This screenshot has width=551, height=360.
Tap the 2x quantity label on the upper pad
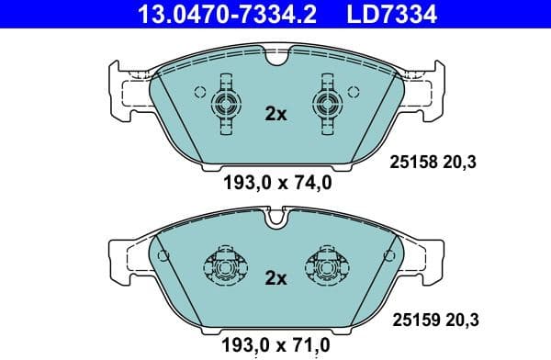pyautogui.click(x=275, y=115)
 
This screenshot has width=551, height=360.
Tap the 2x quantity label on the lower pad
pyautogui.click(x=275, y=277)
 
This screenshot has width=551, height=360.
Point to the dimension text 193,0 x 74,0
pyautogui.click(x=276, y=182)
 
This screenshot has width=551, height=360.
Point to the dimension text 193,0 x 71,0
pyautogui.click(x=276, y=347)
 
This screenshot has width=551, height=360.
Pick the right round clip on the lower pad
pyautogui.click(x=326, y=267)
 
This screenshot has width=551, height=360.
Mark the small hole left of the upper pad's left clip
pyautogui.click(x=199, y=92)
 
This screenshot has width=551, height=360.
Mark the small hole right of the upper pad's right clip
pyautogui.click(x=353, y=92)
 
